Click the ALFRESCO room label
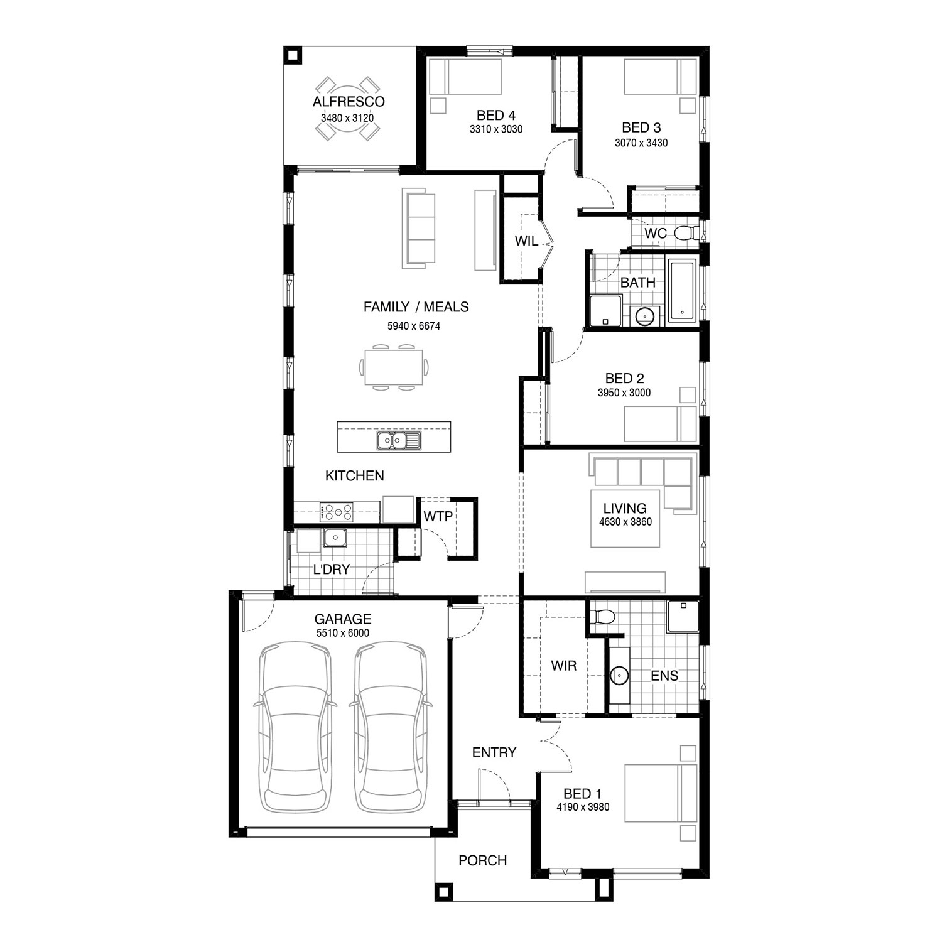point(349,102)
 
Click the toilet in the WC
point(686,234)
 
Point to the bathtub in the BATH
point(683,290)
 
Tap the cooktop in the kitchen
point(337,512)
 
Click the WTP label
point(438,517)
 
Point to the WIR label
point(563,666)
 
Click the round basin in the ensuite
point(619,676)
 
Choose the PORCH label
point(482,860)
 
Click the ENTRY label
point(494,752)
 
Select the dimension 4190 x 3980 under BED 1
point(583,807)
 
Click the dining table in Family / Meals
point(394,367)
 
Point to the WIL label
point(526,241)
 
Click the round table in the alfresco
point(347,108)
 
